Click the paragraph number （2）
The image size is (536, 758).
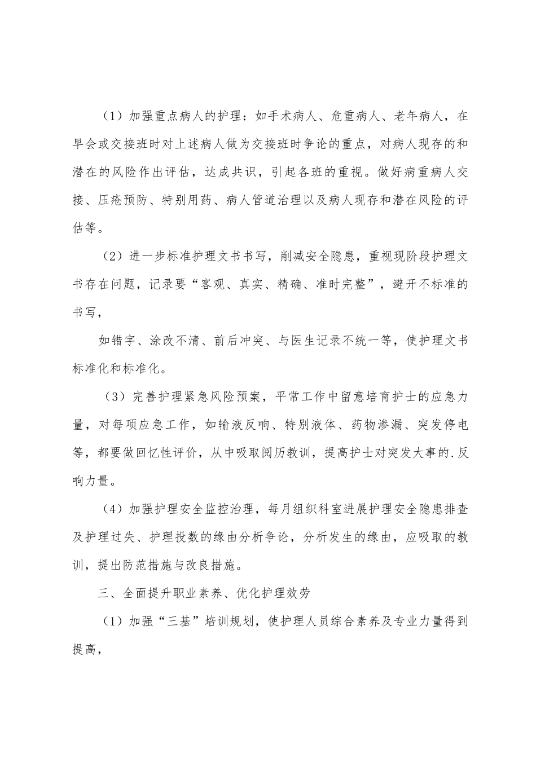[113, 256]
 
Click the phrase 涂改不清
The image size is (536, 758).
[172, 341]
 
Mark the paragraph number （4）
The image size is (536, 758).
[113, 509]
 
